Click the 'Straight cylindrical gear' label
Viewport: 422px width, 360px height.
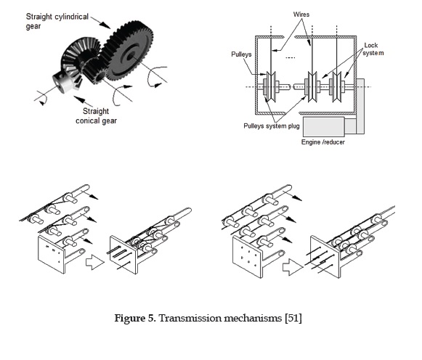point(57,21)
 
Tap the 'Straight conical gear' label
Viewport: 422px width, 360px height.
point(96,116)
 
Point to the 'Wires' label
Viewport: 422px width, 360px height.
point(301,15)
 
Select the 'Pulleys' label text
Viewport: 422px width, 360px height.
point(241,54)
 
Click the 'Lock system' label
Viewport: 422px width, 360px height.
point(373,49)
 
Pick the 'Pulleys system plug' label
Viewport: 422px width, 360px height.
point(272,126)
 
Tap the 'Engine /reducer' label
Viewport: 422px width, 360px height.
point(322,142)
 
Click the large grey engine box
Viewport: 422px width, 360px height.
point(323,126)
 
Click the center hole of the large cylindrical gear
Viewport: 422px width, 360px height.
point(131,56)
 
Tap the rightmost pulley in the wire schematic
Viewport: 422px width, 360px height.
point(337,86)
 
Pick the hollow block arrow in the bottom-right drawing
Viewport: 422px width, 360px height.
point(293,267)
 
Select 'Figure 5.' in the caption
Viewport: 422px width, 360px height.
point(135,318)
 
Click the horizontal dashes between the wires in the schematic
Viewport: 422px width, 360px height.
point(290,57)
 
